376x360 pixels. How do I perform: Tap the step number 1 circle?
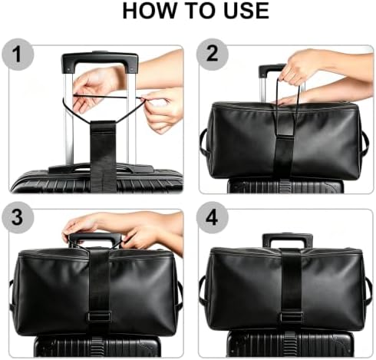click(x=18, y=54)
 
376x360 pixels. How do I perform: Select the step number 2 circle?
click(x=212, y=54)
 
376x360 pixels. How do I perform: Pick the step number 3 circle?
click(x=18, y=217)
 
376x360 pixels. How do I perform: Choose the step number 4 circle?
click(x=212, y=217)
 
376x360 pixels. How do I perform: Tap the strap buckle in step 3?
click(x=99, y=317)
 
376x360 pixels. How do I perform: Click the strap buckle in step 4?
click(x=291, y=317)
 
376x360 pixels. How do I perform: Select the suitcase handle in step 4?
click(x=288, y=240)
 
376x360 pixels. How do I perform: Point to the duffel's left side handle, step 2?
click(x=203, y=142)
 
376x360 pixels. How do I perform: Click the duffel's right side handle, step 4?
click(x=368, y=292)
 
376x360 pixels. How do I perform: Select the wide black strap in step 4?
click(x=291, y=289)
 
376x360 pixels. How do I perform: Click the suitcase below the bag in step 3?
click(x=97, y=346)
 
